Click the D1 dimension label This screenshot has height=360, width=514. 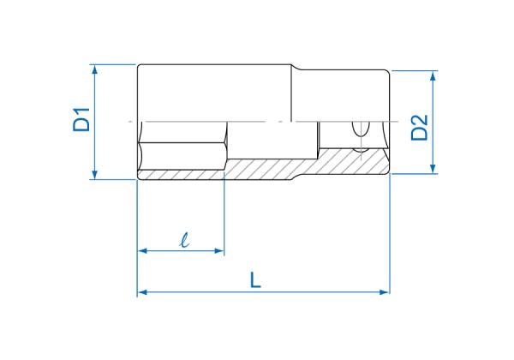click(81, 119)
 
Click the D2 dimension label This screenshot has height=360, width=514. click(420, 128)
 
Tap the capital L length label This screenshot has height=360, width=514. click(255, 279)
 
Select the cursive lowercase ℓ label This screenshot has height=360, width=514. click(185, 240)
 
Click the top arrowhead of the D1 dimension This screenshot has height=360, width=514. click(95, 69)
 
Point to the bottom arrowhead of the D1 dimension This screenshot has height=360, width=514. click(95, 175)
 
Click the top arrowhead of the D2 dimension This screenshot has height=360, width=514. click(433, 75)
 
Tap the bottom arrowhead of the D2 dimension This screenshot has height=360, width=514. click(433, 169)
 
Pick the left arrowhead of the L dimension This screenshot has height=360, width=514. click(142, 292)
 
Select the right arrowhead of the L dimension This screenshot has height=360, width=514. click(385, 292)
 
